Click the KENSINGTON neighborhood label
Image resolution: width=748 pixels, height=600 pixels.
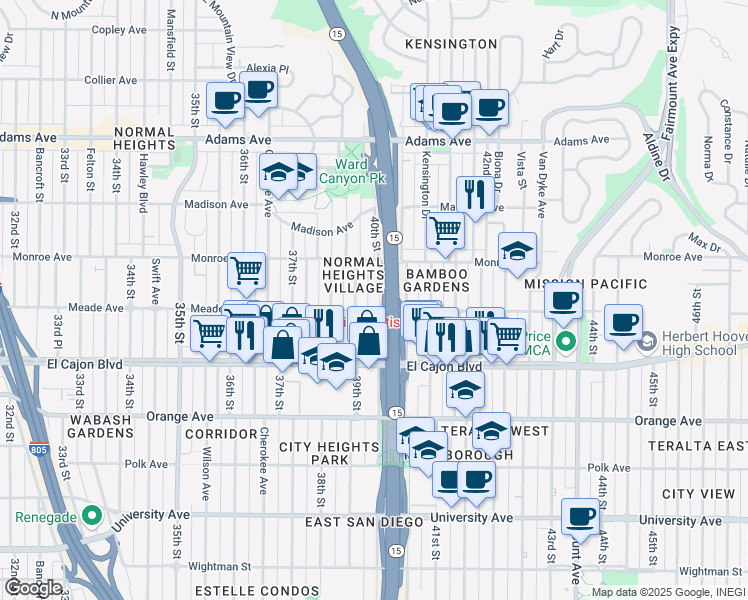(x=451, y=44)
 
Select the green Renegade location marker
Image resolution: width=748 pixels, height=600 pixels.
(x=92, y=516)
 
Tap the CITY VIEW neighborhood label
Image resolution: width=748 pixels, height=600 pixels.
(x=699, y=494)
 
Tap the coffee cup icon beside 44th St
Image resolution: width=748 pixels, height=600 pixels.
(x=623, y=324)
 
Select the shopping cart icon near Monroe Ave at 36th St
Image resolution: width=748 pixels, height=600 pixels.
(x=246, y=270)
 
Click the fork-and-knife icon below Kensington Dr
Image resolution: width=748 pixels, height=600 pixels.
(x=472, y=195)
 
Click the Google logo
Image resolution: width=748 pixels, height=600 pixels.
(x=32, y=588)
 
